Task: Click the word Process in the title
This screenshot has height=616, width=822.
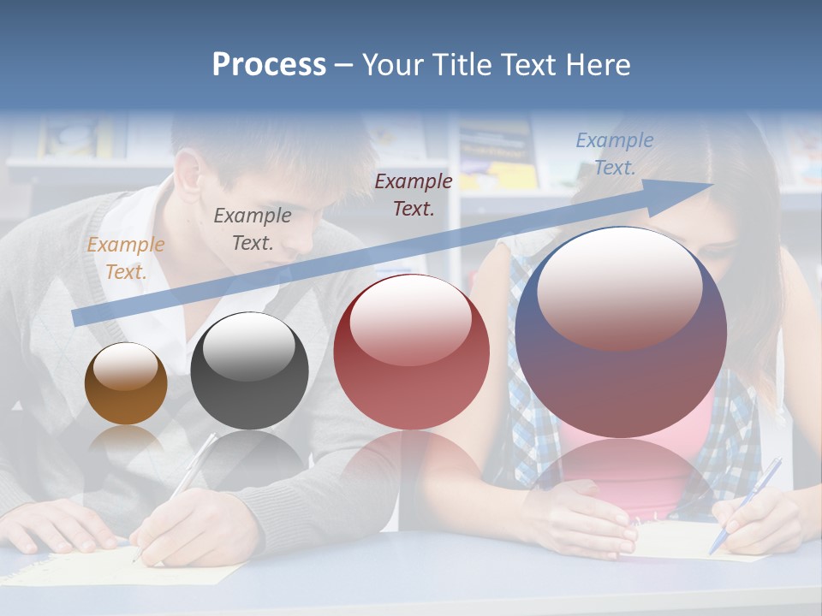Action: (x=269, y=64)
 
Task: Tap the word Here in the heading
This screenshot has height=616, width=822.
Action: (x=596, y=64)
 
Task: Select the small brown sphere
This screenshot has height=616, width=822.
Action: (x=126, y=384)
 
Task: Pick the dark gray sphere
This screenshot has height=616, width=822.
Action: (x=249, y=370)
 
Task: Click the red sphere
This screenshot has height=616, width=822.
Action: (x=411, y=352)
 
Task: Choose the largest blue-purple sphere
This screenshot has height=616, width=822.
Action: (x=621, y=332)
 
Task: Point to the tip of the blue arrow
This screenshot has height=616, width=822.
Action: (x=711, y=184)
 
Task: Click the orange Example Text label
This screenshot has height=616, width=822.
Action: (x=125, y=258)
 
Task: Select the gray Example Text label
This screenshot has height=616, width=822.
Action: (x=252, y=228)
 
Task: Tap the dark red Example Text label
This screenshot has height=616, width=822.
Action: (x=413, y=194)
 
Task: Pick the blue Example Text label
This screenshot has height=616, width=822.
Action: (x=614, y=153)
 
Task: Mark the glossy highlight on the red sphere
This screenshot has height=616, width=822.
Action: (x=411, y=319)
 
